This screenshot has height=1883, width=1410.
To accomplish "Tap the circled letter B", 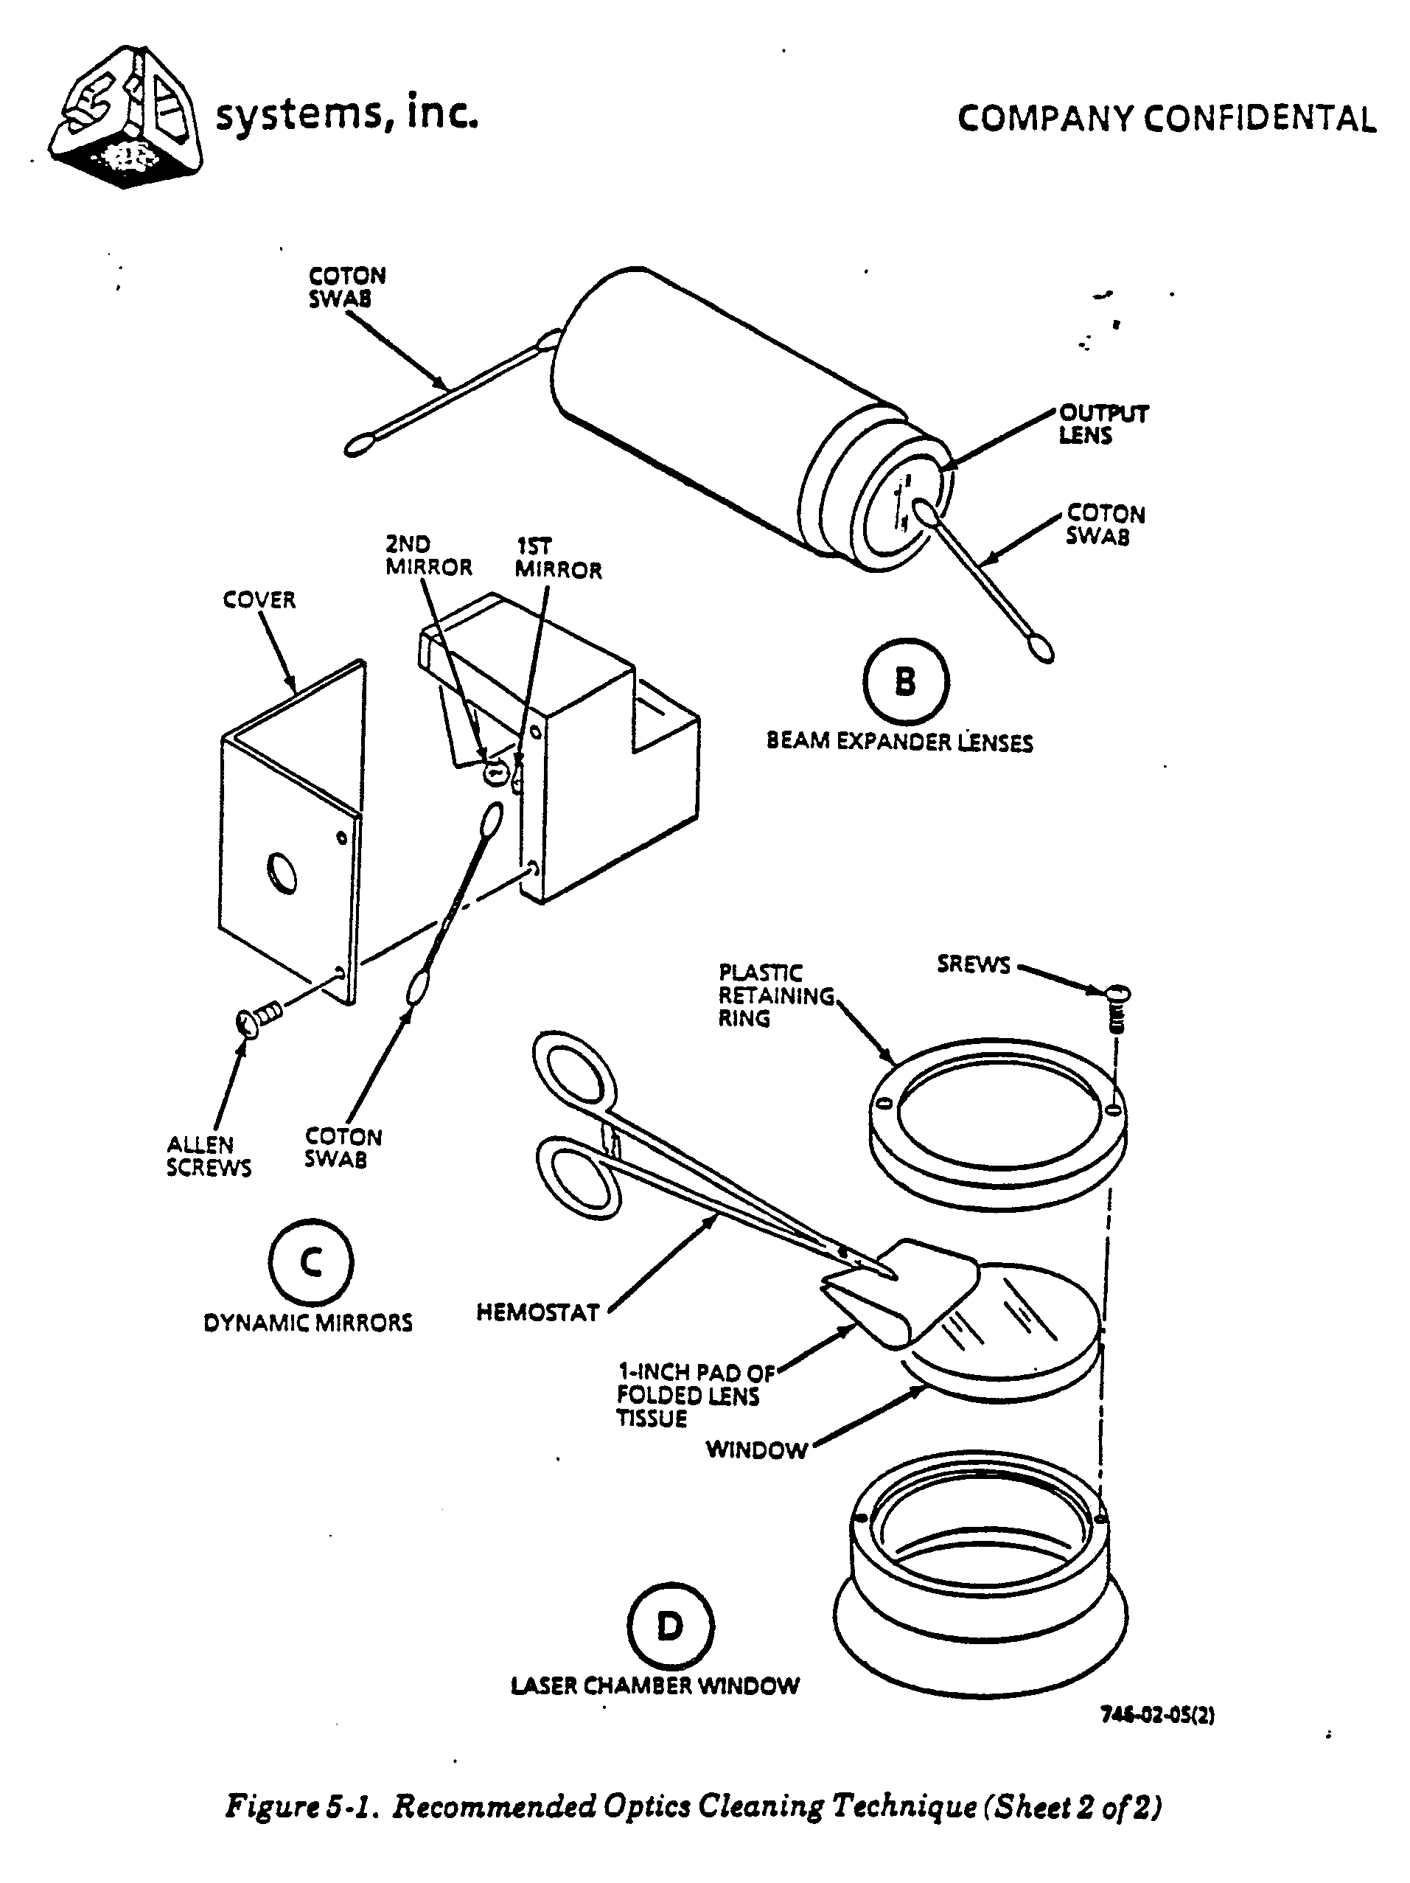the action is tap(905, 682).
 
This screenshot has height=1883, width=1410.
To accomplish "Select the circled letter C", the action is tap(310, 1261).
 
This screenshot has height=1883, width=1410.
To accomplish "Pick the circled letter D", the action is tap(670, 1626).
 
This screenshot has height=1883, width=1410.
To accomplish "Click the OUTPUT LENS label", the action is tap(1103, 424).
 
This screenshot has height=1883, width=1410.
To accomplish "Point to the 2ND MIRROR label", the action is tap(429, 556).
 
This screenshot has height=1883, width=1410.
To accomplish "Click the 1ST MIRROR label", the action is tap(558, 558).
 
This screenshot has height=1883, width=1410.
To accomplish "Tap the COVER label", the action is tap(259, 600).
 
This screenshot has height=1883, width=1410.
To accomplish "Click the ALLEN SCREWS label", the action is tap(209, 1155).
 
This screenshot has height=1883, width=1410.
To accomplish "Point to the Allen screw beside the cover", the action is tap(259, 1017).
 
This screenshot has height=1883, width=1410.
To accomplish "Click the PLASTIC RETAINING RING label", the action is tap(776, 995).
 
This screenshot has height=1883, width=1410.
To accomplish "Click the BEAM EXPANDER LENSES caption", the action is tap(899, 742).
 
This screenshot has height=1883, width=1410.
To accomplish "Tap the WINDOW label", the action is tap(756, 1449).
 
